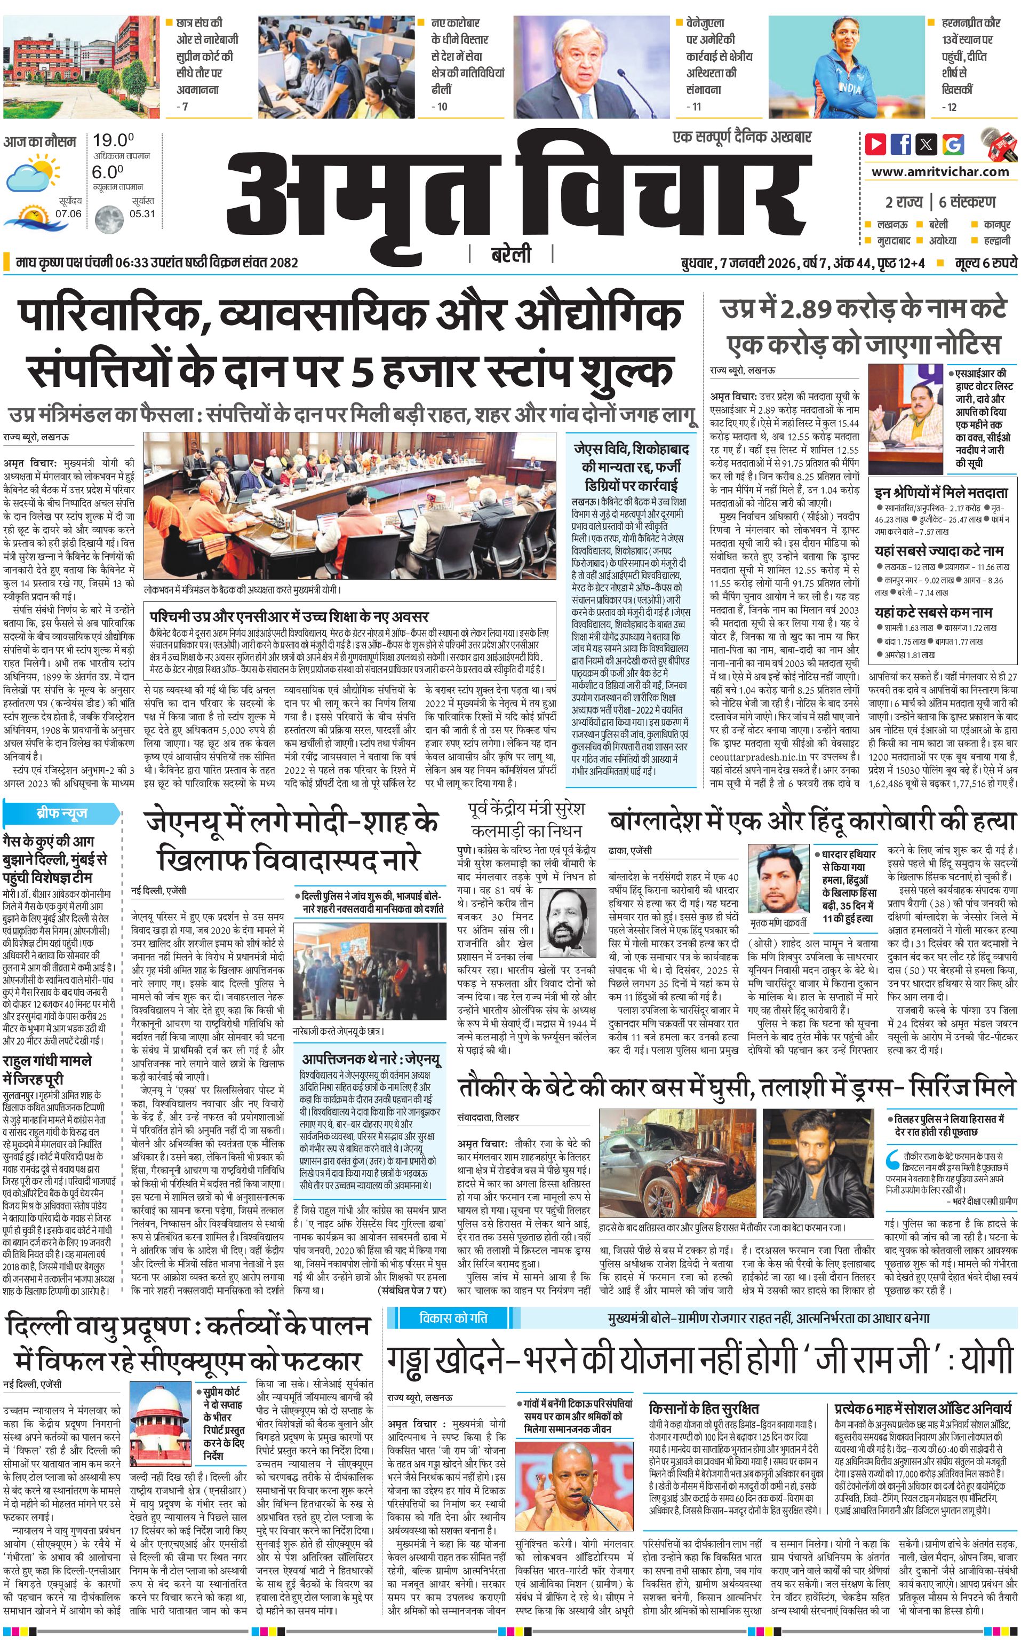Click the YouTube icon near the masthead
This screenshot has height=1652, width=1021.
(x=876, y=144)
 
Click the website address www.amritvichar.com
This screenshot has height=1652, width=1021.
(x=940, y=172)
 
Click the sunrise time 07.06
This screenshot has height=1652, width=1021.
(x=68, y=214)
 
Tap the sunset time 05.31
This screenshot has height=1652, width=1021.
(x=142, y=214)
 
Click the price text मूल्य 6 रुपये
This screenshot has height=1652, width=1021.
(x=985, y=263)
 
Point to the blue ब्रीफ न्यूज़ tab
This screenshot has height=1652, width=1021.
(x=61, y=813)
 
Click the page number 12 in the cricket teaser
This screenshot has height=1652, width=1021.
(x=951, y=106)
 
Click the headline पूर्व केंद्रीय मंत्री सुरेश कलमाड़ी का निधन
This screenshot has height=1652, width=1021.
(x=526, y=819)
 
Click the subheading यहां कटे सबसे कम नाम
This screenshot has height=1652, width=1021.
(x=932, y=613)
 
